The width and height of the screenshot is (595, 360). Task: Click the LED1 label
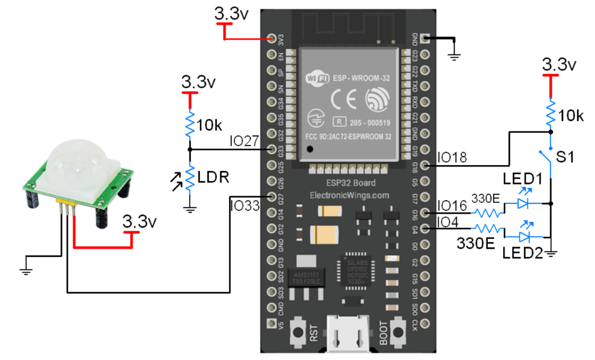(x=522, y=178)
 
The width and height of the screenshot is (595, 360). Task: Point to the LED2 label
(x=522, y=252)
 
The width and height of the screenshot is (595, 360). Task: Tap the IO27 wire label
(x=244, y=141)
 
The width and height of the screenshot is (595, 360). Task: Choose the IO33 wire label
(x=244, y=204)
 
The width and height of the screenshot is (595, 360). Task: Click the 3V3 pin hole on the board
(x=271, y=38)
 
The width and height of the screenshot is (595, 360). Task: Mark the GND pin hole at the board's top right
(x=424, y=38)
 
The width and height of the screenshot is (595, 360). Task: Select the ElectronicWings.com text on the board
(x=348, y=195)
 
